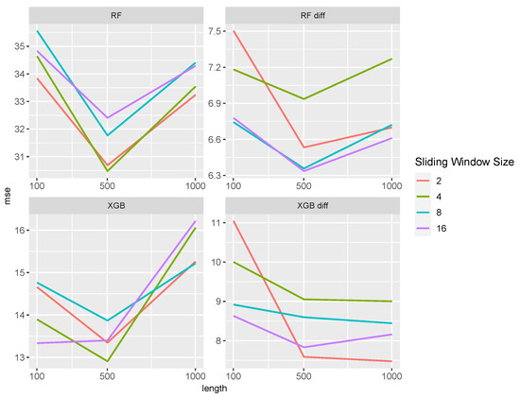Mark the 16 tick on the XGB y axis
tap(20, 230)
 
